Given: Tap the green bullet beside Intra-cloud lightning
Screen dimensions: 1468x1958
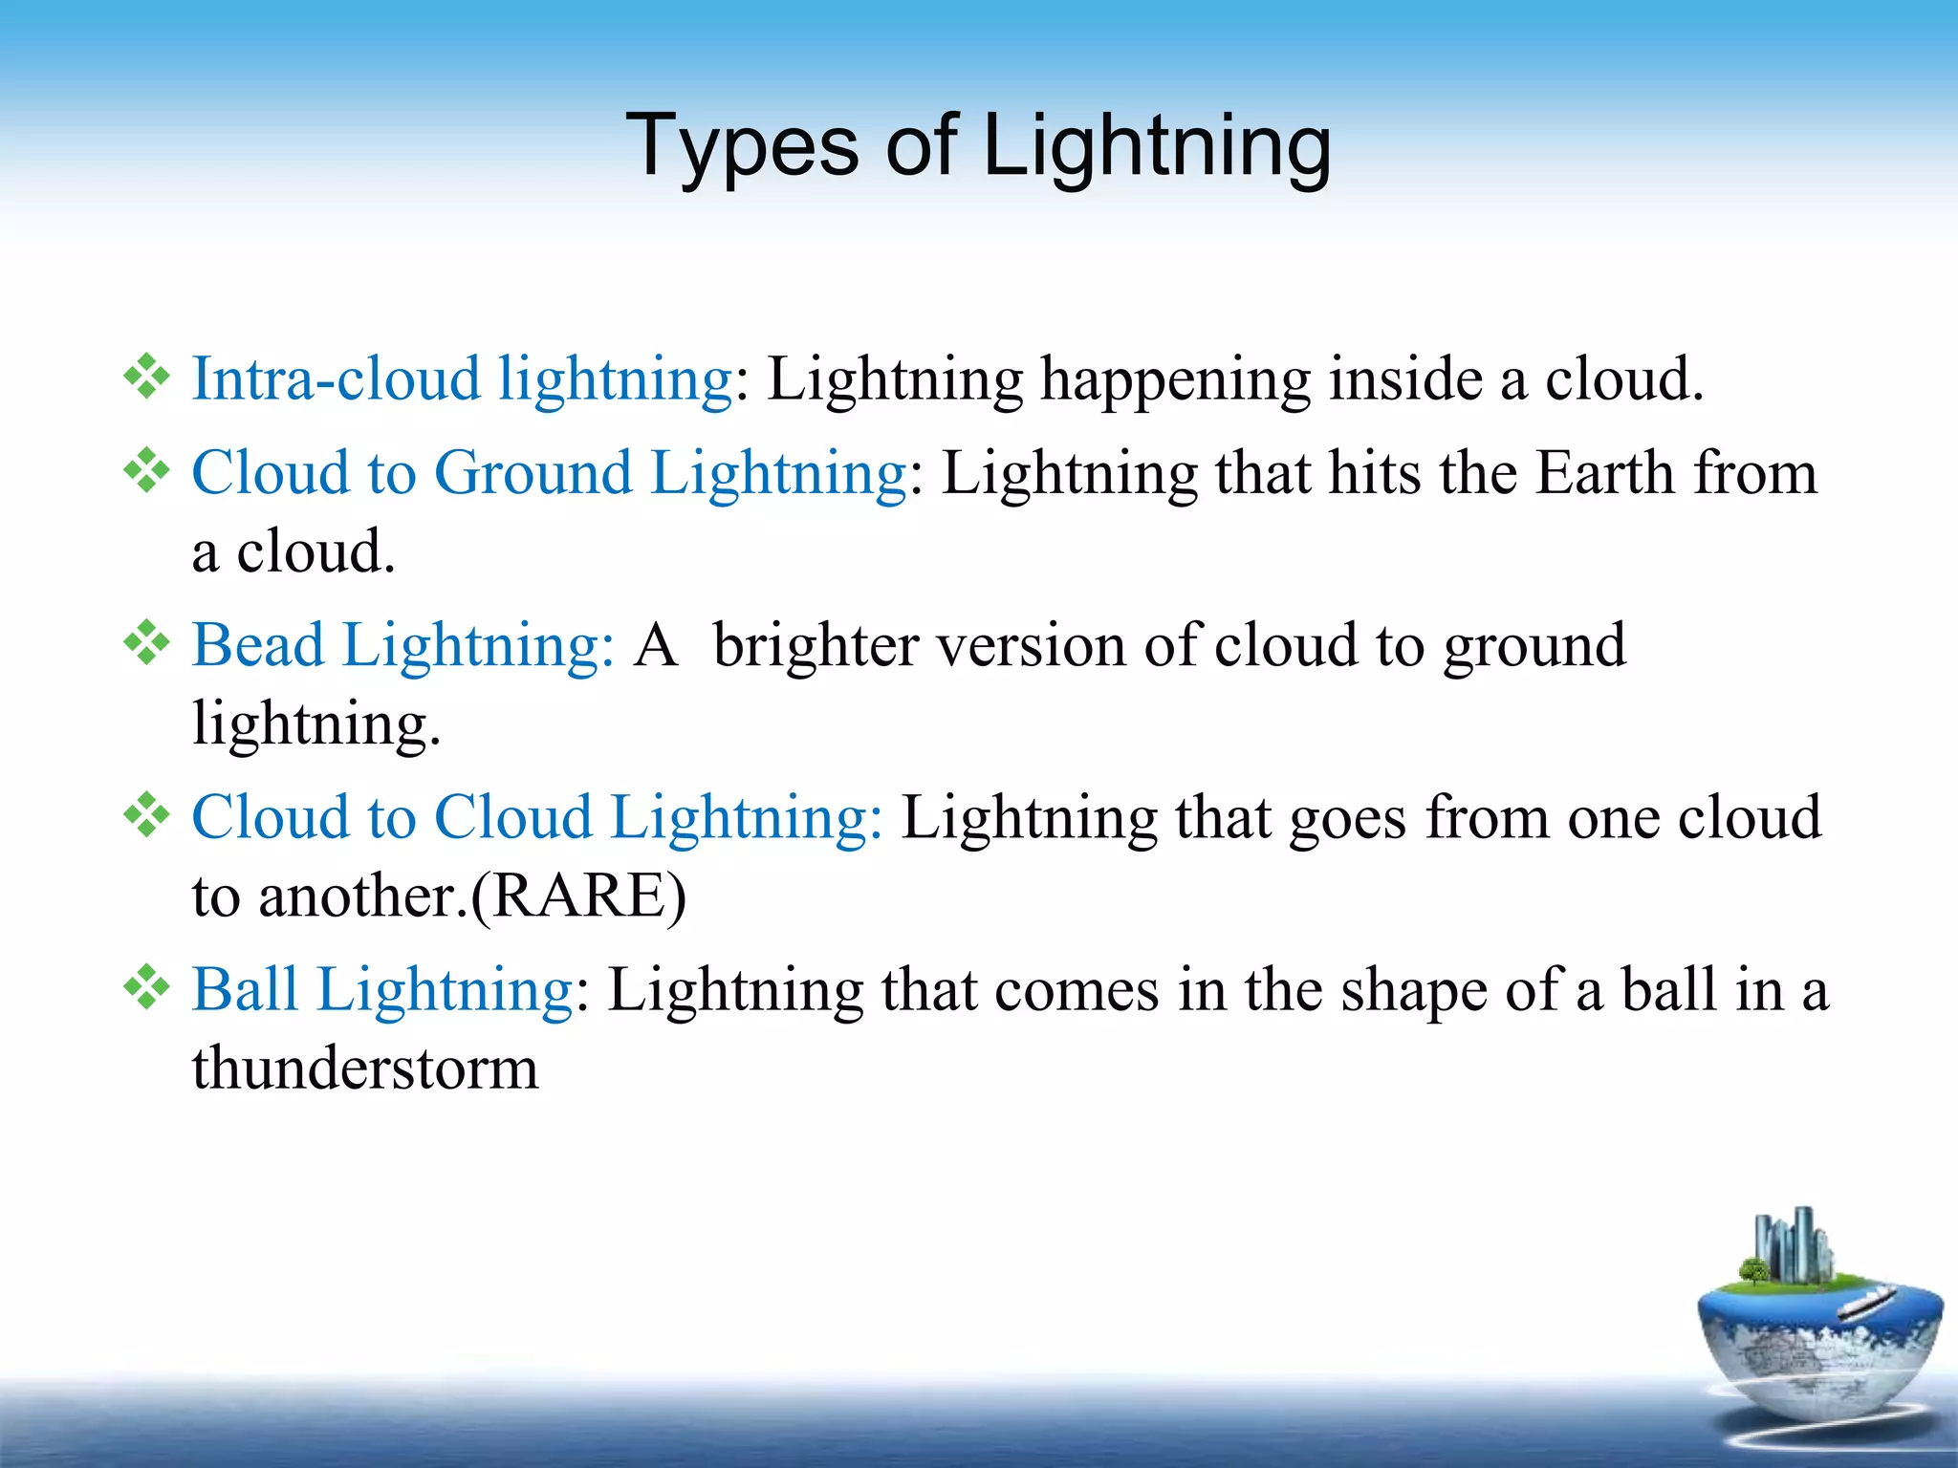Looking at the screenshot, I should coord(146,377).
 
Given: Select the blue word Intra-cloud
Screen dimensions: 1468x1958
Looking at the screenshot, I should coord(336,378).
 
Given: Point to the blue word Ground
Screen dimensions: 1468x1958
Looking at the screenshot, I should coord(533,473).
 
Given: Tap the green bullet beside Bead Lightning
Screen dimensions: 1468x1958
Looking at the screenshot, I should coord(146,643).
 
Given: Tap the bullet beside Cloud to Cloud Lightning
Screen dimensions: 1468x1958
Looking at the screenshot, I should coord(146,815).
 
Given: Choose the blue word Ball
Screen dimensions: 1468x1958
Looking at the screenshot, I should coord(245,988).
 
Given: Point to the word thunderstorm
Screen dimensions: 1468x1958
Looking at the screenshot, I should coord(365,1068).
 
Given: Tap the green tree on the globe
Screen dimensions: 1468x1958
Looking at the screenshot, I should coord(1753,1270).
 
